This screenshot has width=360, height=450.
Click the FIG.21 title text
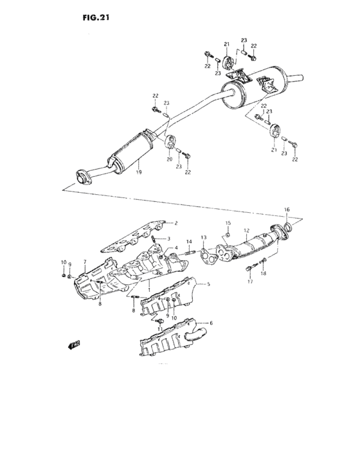click(x=96, y=18)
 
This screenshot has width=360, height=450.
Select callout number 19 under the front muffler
click(x=138, y=172)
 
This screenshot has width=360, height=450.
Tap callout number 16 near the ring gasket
click(x=287, y=210)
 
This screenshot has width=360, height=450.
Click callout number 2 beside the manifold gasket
click(x=175, y=223)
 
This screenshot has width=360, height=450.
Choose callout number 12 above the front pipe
click(x=246, y=230)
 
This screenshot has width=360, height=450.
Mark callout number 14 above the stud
click(x=190, y=242)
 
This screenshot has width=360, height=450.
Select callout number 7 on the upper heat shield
click(x=84, y=263)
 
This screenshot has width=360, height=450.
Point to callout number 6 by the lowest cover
click(x=211, y=322)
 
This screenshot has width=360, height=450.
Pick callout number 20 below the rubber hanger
click(x=170, y=159)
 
